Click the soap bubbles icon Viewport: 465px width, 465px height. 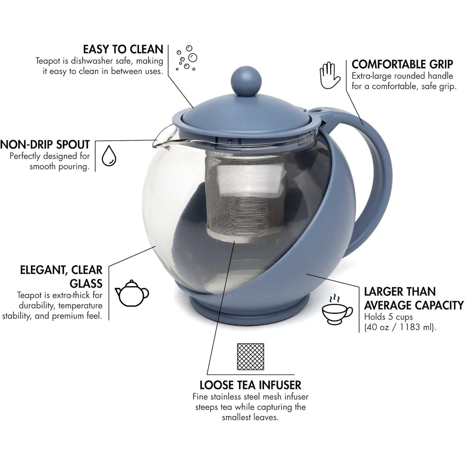186,58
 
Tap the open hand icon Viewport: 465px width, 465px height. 330,75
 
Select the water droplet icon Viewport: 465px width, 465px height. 109,155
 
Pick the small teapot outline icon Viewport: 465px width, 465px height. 132,293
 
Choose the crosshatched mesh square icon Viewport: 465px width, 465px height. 250,357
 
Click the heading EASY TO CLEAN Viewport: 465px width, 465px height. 123,49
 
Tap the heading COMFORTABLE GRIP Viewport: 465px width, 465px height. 402,64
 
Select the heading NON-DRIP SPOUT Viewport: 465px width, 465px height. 45,145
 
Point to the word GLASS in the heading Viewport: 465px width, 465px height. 86,283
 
